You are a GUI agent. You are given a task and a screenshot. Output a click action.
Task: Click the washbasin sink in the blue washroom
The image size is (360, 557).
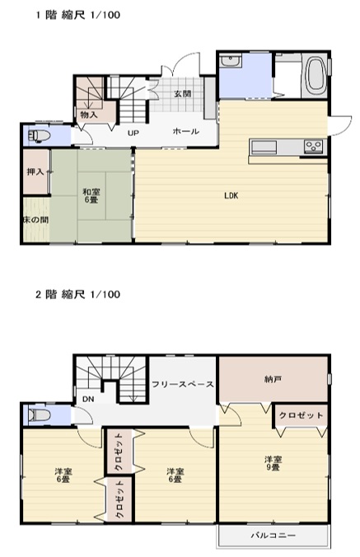click(x=231, y=61)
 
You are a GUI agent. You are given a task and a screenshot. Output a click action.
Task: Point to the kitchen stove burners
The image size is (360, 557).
click(x=314, y=146)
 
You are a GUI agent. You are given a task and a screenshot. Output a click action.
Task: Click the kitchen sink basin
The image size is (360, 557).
click(x=264, y=147)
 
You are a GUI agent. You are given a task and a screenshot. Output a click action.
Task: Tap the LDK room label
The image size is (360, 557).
click(x=231, y=196)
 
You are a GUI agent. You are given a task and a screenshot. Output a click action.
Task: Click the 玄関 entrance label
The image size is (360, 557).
click(x=183, y=94)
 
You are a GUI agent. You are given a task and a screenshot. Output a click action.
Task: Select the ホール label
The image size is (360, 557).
click(x=185, y=132)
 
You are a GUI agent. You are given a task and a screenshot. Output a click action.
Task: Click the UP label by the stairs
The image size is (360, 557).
click(x=133, y=133)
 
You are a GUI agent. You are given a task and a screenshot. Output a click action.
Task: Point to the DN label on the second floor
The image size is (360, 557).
click(x=88, y=399)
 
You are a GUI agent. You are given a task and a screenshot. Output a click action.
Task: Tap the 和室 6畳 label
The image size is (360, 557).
click(x=91, y=196)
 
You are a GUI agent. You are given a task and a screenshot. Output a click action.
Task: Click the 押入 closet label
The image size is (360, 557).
click(x=35, y=172)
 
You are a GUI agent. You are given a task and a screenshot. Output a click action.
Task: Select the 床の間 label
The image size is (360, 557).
click(x=36, y=220)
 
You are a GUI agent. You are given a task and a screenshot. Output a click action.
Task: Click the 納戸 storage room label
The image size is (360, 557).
click(x=273, y=379)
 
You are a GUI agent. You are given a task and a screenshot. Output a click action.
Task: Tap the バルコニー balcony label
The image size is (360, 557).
click(x=274, y=535)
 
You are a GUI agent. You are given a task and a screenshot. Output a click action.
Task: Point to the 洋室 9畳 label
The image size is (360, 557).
click(x=273, y=464)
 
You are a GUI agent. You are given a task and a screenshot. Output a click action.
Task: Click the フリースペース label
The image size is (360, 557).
click(x=183, y=384)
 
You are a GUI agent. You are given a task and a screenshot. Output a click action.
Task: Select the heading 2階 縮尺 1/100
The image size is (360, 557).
click(x=77, y=294)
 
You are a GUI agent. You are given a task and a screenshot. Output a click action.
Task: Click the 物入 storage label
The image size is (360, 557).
click(x=89, y=115)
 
